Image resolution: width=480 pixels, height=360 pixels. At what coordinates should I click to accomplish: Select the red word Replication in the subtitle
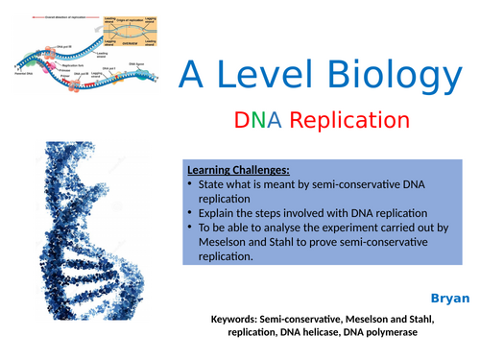344,121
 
